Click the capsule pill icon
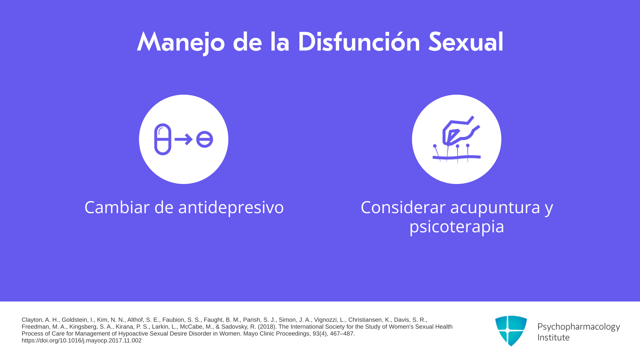tap(163, 139)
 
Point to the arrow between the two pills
tap(184, 139)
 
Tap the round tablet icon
tap(204, 139)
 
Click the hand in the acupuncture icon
tap(460, 131)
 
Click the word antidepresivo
tap(231, 208)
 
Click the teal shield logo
tap(511, 331)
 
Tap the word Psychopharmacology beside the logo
tap(579, 327)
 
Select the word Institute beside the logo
tap(553, 337)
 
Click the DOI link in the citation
tap(82, 340)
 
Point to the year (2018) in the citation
tap(267, 327)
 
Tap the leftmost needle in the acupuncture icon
tap(437, 153)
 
